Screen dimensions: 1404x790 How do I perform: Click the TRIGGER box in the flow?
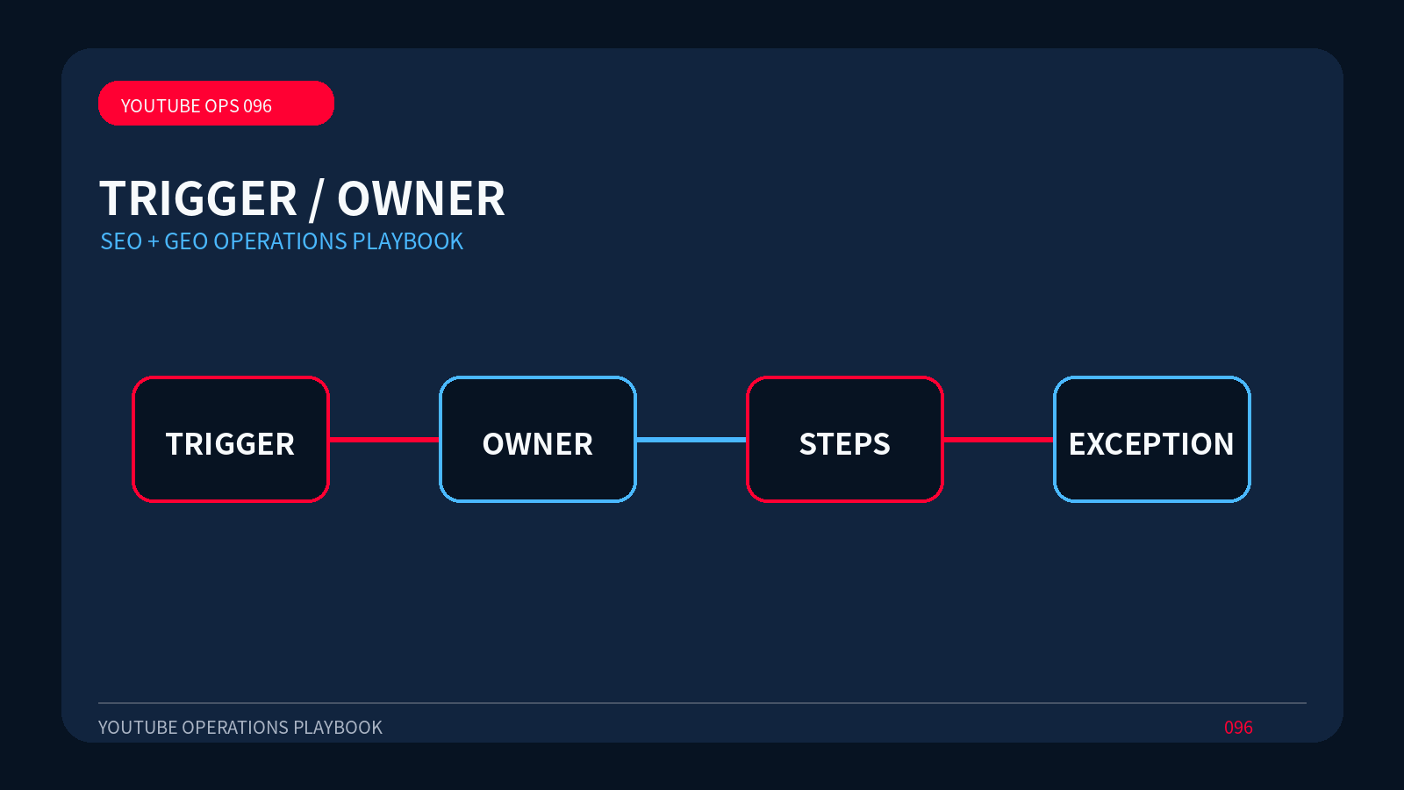tap(231, 439)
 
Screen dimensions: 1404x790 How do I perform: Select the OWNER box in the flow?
tap(538, 439)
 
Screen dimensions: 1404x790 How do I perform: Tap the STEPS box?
tap(845, 439)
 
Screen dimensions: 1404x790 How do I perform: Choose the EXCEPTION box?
tap(1152, 439)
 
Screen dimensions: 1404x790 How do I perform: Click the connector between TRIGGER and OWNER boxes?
tap(384, 440)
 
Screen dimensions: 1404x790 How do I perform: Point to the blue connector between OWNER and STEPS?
tap(691, 440)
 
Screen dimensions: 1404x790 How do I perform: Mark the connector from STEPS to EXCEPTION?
tap(999, 440)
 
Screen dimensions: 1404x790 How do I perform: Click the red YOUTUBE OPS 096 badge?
tap(216, 103)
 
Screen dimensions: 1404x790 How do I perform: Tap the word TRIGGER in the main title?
tap(198, 198)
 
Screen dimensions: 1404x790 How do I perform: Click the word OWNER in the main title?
tap(421, 198)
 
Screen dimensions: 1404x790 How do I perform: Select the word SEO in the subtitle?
tap(121, 241)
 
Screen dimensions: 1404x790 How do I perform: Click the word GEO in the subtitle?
tap(186, 241)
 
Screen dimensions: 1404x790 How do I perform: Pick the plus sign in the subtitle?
tap(153, 242)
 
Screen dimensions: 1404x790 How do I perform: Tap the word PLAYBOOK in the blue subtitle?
tap(407, 241)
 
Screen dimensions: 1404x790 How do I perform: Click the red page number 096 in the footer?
tap(1238, 728)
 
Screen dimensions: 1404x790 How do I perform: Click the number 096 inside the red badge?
tap(257, 106)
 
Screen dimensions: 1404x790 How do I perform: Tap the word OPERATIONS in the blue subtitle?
tap(280, 241)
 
